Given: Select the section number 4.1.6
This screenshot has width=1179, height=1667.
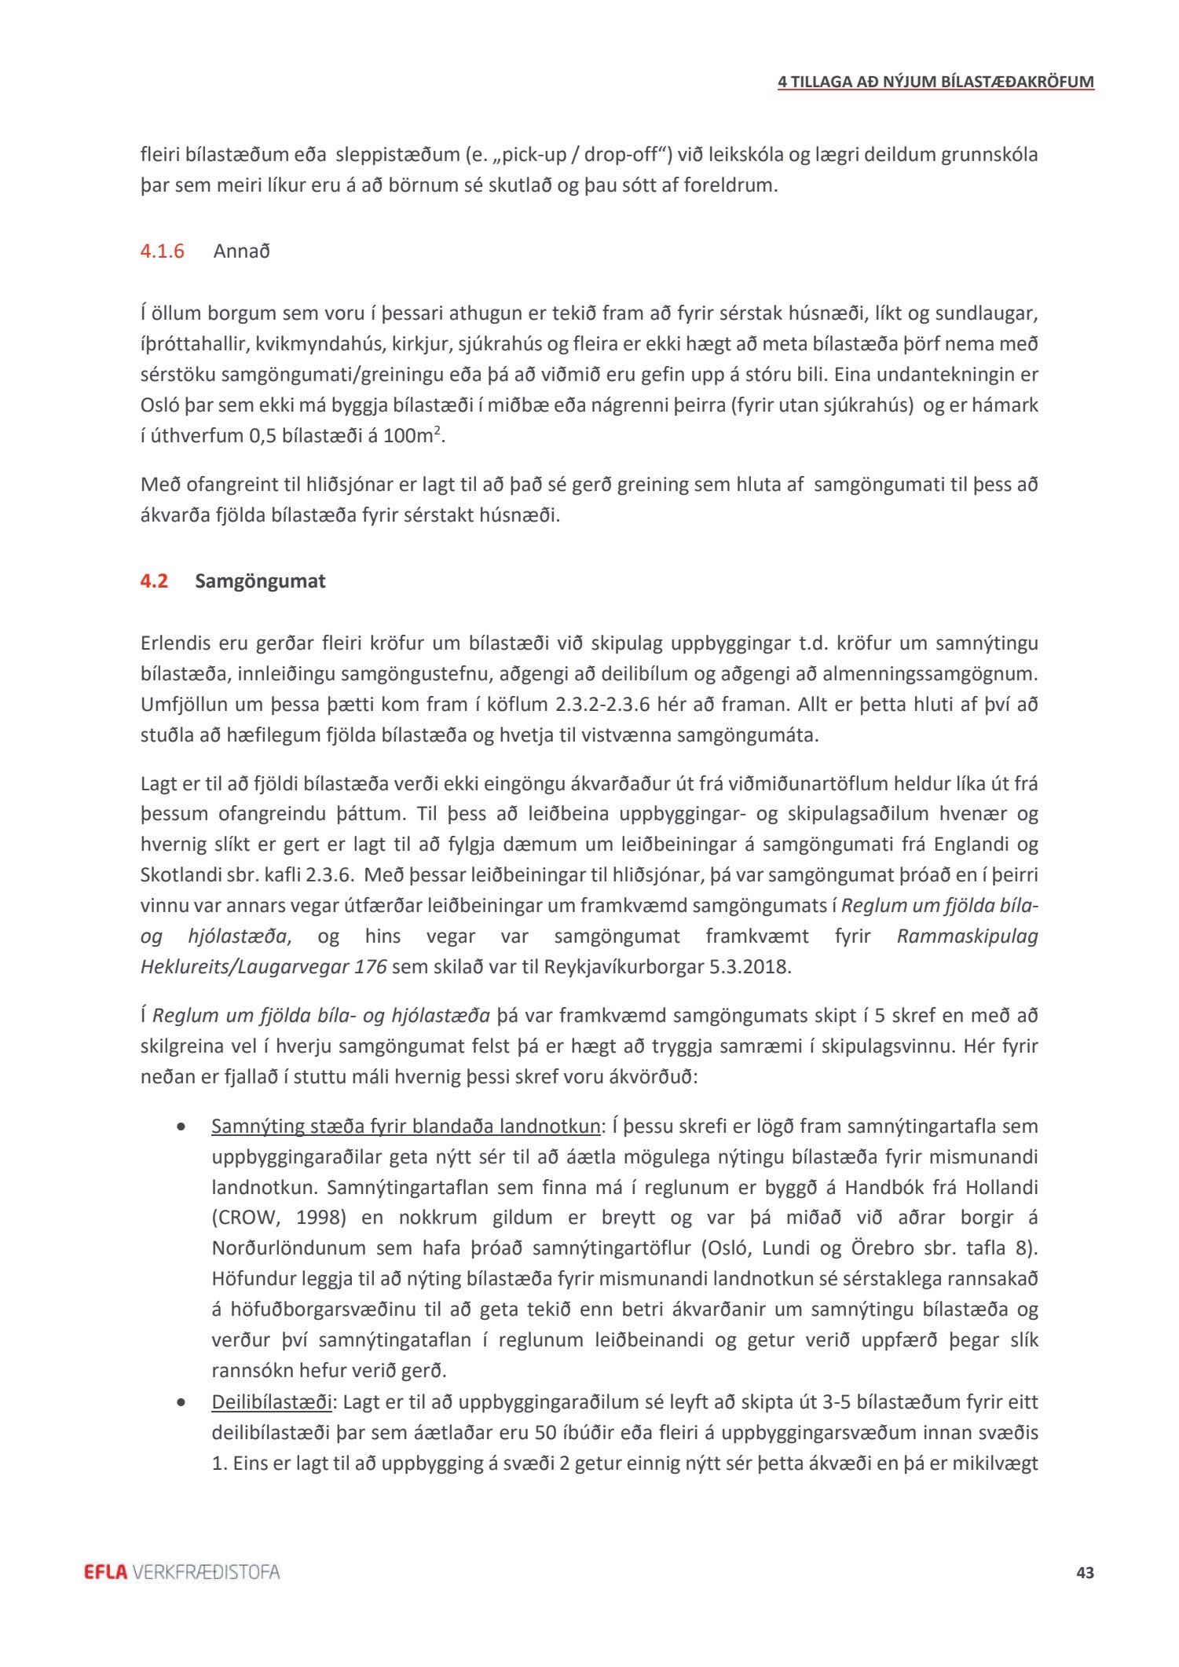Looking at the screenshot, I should point(163,251).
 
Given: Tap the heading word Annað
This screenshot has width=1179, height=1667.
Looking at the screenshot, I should point(242,251).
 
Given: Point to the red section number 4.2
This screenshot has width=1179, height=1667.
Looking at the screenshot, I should point(154,581).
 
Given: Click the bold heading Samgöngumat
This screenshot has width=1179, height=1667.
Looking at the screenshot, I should point(260,581).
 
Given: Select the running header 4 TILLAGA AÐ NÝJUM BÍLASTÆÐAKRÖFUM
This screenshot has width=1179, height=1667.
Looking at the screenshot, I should point(936,82).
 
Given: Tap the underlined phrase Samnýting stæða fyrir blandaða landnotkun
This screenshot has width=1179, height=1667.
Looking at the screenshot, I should point(405,1127).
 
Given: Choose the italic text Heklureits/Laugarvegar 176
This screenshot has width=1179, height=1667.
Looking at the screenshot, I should point(263,966).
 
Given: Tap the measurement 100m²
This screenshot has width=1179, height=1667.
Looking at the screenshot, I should point(412,436).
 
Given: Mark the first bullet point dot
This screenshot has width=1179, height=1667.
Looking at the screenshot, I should point(182,1127).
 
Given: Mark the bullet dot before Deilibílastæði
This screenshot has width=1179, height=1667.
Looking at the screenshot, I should point(182,1402).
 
